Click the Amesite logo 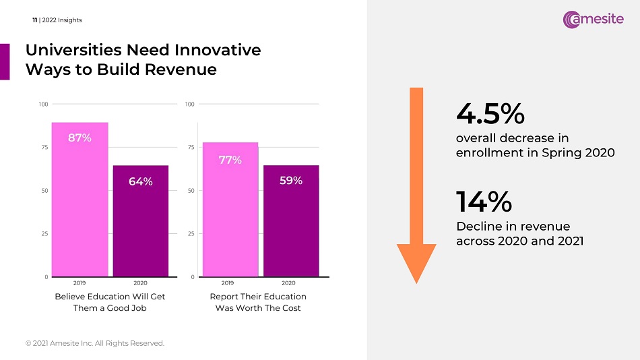(594, 20)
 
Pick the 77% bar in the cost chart (230, 209)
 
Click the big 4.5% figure (490, 114)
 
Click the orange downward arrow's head (417, 263)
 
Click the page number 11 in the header (34, 20)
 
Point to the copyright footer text (95, 343)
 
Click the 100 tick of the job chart (43, 104)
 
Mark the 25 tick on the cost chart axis (190, 234)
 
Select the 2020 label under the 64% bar (141, 283)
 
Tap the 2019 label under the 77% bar (227, 283)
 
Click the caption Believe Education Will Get (109, 297)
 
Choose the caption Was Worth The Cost (258, 308)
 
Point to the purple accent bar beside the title (5, 61)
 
